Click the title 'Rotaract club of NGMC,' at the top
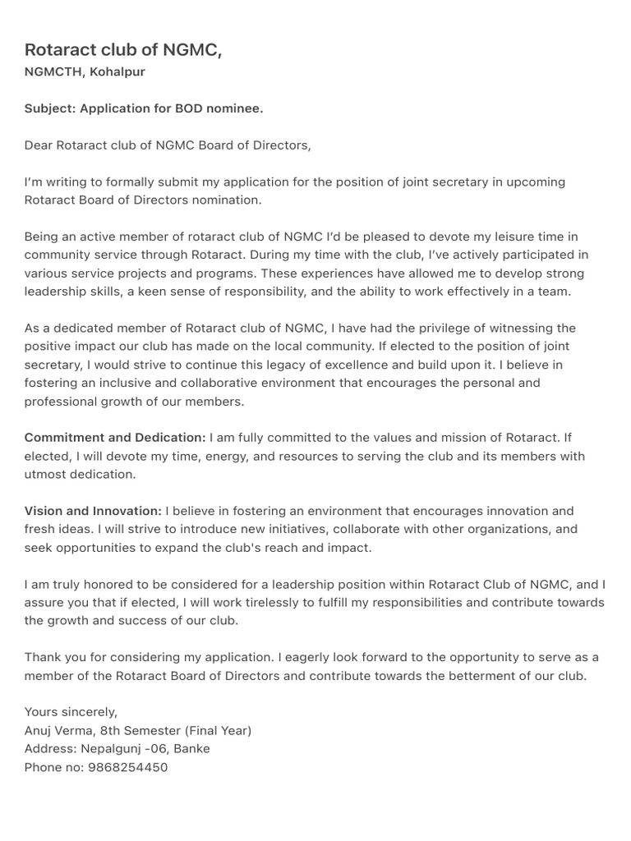click(x=123, y=50)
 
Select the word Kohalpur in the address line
click(x=117, y=72)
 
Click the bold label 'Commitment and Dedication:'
click(x=115, y=438)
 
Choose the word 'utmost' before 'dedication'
click(x=44, y=475)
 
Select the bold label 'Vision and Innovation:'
click(x=93, y=511)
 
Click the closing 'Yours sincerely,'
click(x=71, y=712)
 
